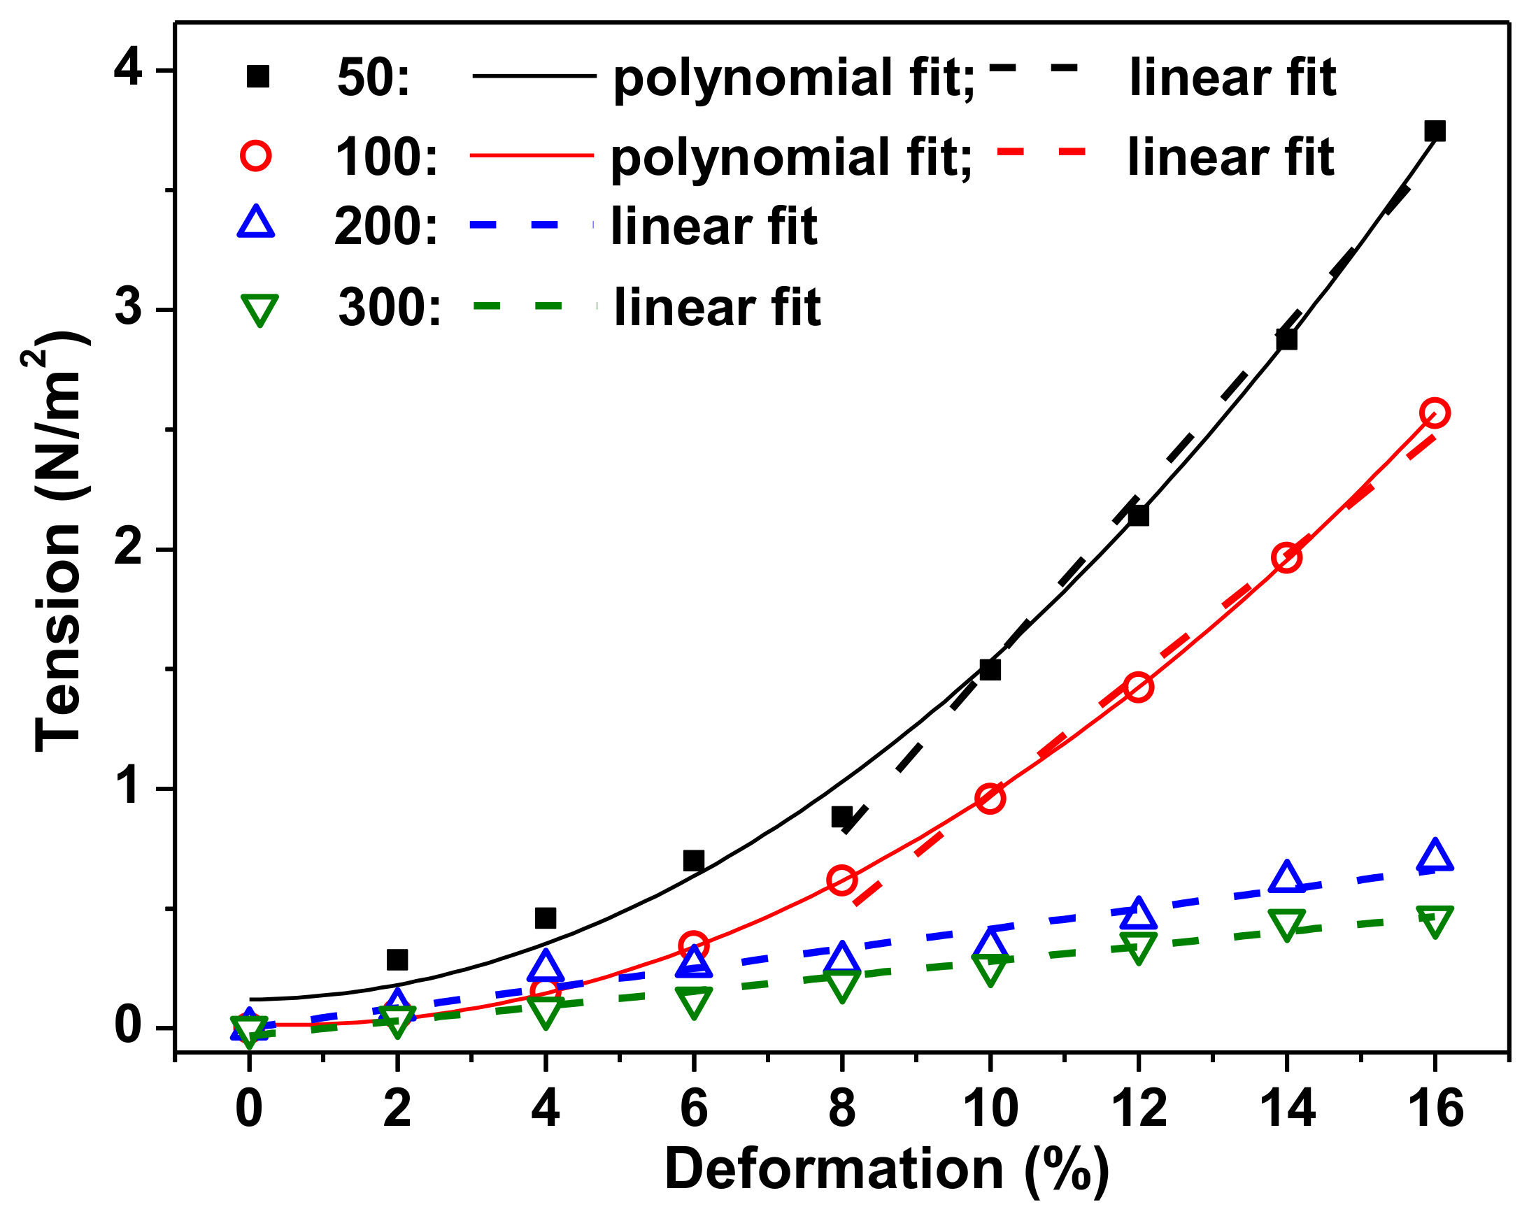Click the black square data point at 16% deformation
coord(1435,131)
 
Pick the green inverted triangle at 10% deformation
coord(990,968)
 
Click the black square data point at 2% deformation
coord(397,959)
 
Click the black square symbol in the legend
coord(257,76)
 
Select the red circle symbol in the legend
coord(256,155)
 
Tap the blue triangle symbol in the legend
coord(255,222)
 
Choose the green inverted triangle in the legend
coord(259,309)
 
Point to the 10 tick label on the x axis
coord(990,1109)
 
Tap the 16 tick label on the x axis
coord(1435,1109)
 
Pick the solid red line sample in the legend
coord(532,155)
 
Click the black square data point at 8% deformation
coord(841,817)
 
